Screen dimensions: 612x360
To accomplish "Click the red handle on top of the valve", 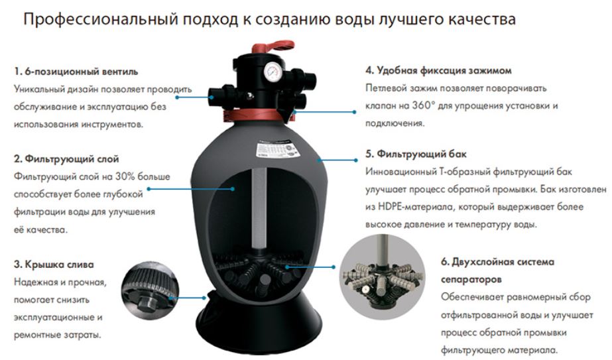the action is pyautogui.click(x=273, y=47).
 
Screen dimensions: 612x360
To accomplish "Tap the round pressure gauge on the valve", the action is pyautogui.click(x=272, y=72).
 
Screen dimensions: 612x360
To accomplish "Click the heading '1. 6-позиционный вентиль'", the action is pyautogui.click(x=76, y=72).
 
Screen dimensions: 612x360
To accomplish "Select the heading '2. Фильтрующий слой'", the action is pyautogui.click(x=66, y=159).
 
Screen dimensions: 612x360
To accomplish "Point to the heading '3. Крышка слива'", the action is pyautogui.click(x=54, y=265).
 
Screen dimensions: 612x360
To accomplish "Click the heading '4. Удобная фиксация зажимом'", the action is pyautogui.click(x=438, y=71).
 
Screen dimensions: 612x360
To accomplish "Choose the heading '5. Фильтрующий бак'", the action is pyautogui.click(x=416, y=154).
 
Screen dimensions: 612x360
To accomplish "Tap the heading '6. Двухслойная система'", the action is pyautogui.click(x=498, y=262).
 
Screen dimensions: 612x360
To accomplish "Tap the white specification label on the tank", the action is pyautogui.click(x=276, y=149).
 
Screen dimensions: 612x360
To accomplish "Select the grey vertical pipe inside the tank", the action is pyautogui.click(x=259, y=208).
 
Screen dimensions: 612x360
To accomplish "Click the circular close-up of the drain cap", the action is pyautogui.click(x=150, y=291).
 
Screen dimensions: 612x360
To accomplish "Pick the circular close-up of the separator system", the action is pyautogui.click(x=382, y=277).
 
